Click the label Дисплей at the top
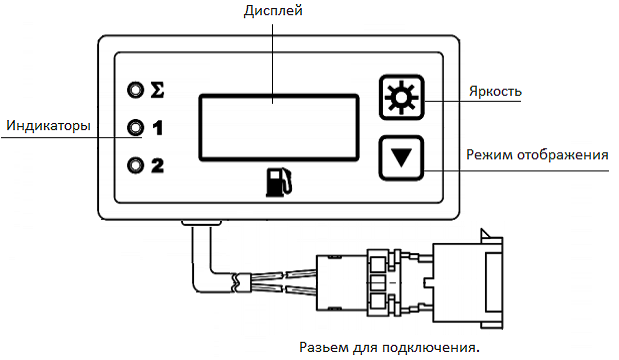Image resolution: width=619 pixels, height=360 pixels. pos(274,11)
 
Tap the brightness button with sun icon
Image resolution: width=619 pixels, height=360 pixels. pos(403,99)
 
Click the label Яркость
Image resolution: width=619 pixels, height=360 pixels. pos(496,91)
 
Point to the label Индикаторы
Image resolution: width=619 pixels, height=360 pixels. pos(48,126)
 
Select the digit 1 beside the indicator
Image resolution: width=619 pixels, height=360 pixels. pos(157,128)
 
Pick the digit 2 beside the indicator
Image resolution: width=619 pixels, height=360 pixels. pos(157,165)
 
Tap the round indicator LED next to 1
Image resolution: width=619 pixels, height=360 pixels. pos(135,128)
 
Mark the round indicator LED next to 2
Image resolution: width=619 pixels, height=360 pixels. pos(135,165)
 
